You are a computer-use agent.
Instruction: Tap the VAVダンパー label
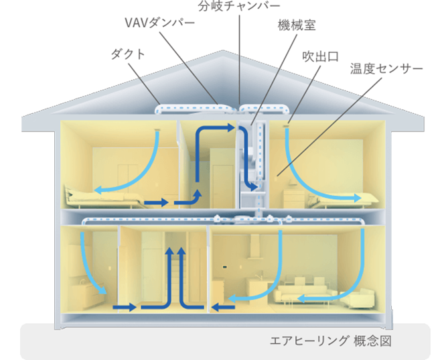(x=160, y=23)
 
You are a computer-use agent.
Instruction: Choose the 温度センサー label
(x=386, y=69)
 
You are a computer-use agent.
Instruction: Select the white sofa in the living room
(x=305, y=293)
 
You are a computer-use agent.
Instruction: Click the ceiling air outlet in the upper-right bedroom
(x=290, y=123)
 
